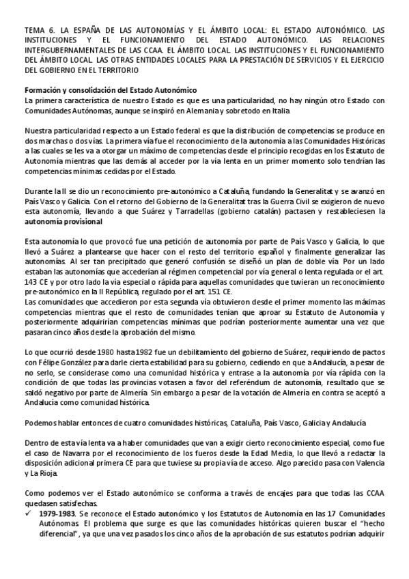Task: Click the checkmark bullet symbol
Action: [x=28, y=511]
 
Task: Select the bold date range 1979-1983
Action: [x=58, y=511]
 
